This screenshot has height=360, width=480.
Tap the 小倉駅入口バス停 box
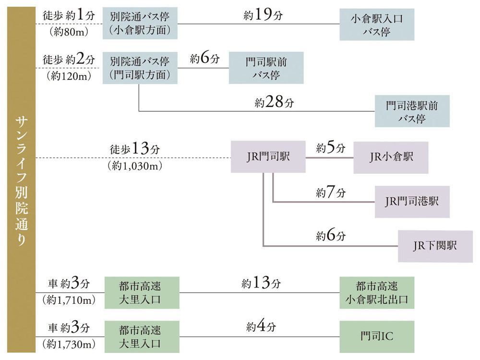[x=376, y=24]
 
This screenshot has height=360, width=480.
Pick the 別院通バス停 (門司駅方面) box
[x=139, y=68]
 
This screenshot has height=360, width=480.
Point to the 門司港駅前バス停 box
[x=412, y=111]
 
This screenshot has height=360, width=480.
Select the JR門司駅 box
[x=268, y=156]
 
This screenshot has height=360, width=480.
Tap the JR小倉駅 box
[x=391, y=157]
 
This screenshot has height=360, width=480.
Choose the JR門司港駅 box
[x=412, y=202]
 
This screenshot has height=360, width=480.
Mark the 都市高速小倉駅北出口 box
[x=376, y=293]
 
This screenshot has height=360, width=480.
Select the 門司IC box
[x=376, y=336]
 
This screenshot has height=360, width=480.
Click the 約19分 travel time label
[x=263, y=15]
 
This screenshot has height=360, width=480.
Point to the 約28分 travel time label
[x=274, y=102]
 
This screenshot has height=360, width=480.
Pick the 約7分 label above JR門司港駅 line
[x=331, y=193]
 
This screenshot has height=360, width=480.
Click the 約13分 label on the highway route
[x=261, y=284]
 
